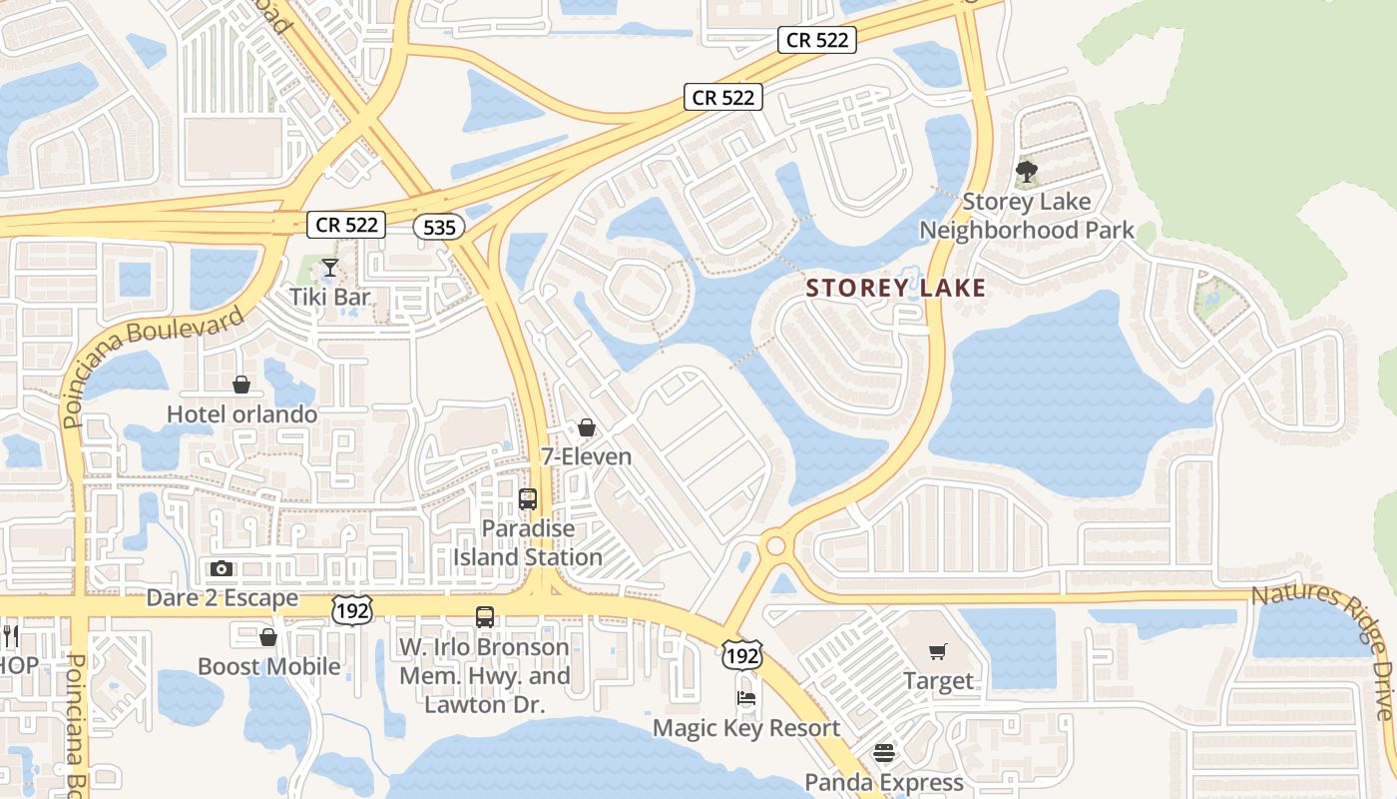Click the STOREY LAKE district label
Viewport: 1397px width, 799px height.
pyautogui.click(x=895, y=289)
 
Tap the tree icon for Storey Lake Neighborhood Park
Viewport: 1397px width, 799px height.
pyautogui.click(x=1026, y=173)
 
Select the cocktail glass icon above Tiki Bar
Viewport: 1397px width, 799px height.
pyautogui.click(x=329, y=268)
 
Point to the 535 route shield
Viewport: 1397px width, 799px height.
pyautogui.click(x=439, y=228)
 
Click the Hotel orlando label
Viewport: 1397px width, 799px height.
pyautogui.click(x=241, y=413)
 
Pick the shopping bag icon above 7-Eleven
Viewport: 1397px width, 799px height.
pyautogui.click(x=587, y=427)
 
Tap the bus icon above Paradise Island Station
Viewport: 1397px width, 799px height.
pyautogui.click(x=528, y=498)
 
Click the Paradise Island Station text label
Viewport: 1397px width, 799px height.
pyautogui.click(x=528, y=542)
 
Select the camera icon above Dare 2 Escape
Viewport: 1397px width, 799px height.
pyautogui.click(x=222, y=569)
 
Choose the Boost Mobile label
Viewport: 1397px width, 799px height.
pyautogui.click(x=268, y=666)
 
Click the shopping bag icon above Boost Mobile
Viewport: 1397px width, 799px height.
pyautogui.click(x=267, y=637)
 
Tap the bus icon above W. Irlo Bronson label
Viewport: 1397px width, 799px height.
pyautogui.click(x=485, y=617)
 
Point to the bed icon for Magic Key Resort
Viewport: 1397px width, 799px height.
pyautogui.click(x=746, y=698)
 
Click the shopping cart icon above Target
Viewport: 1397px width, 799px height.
pyautogui.click(x=937, y=652)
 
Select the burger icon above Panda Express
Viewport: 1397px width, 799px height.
pyautogui.click(x=884, y=752)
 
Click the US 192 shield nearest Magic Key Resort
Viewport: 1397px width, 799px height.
pyautogui.click(x=742, y=655)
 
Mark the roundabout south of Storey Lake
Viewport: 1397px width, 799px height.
pyautogui.click(x=774, y=546)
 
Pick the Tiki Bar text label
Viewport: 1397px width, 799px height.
pyautogui.click(x=329, y=297)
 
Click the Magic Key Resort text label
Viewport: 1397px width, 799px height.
pyautogui.click(x=746, y=728)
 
